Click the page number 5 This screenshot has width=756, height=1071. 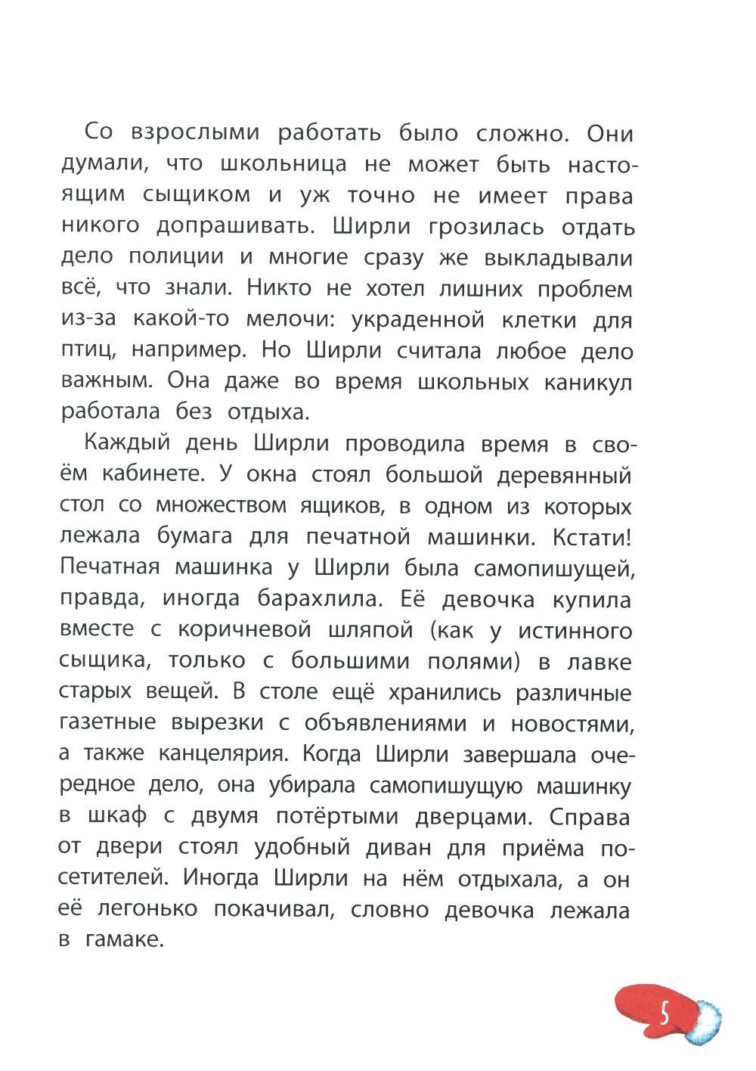click(665, 1013)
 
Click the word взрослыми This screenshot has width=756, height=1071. click(195, 133)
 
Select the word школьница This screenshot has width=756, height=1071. click(283, 164)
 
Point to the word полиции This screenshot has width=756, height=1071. click(176, 256)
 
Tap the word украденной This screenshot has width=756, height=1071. click(417, 320)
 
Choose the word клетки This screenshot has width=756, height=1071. click(538, 320)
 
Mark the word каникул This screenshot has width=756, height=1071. click(587, 382)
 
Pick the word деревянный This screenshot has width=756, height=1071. click(564, 475)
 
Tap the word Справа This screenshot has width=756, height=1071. click(589, 817)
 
